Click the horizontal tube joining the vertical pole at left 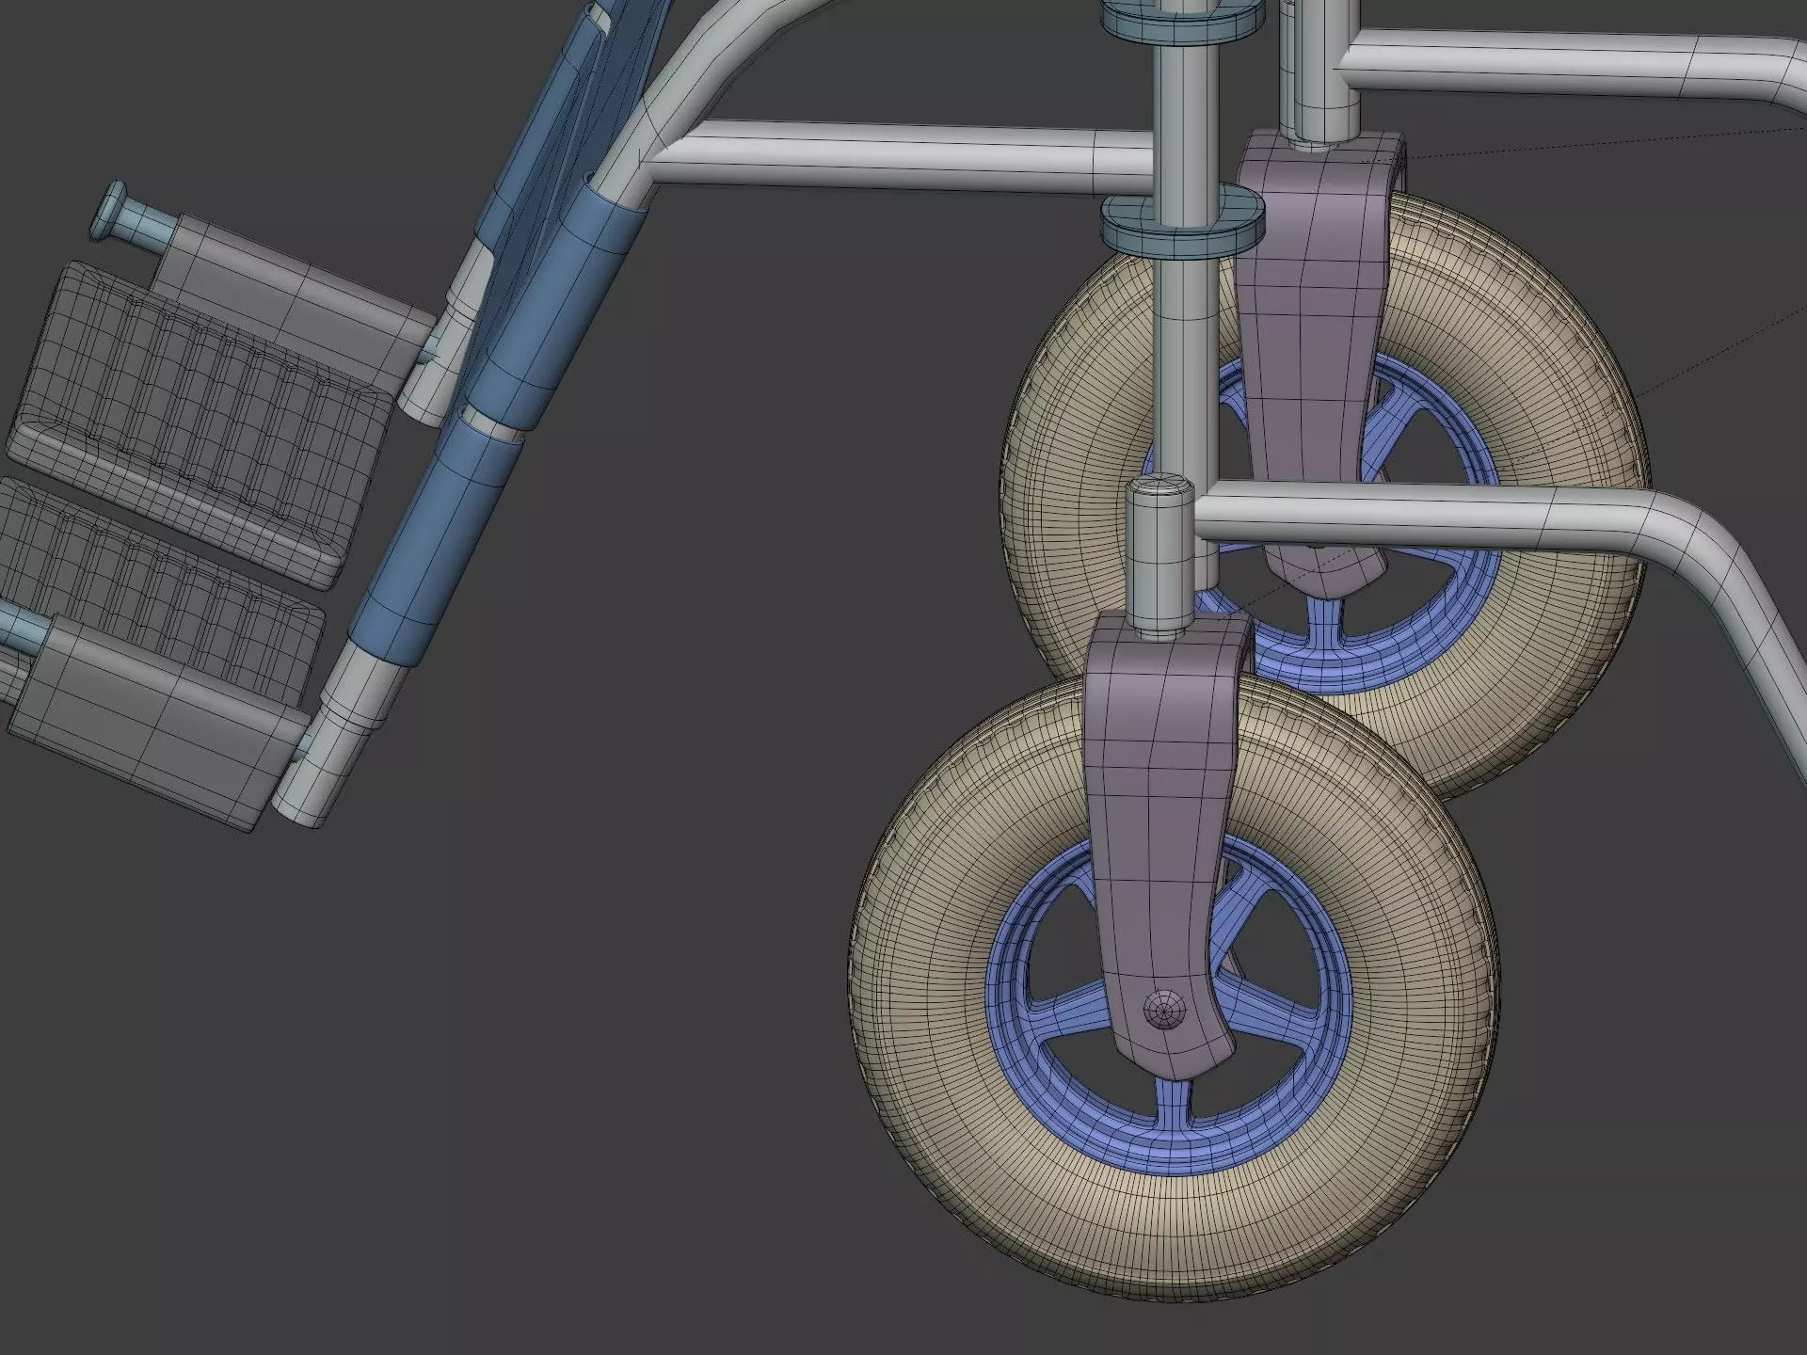coord(894,155)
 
